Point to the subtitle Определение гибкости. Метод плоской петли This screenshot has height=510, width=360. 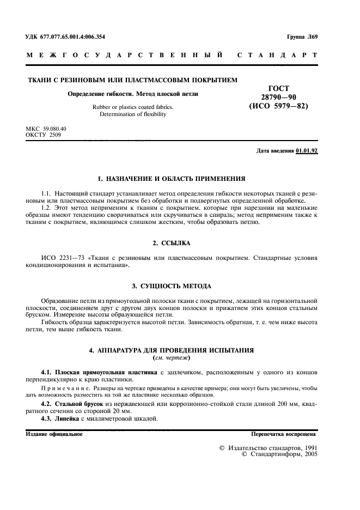pyautogui.click(x=132, y=94)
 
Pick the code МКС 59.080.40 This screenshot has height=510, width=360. pyautogui.click(x=46, y=129)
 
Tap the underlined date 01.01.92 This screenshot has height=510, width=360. pyautogui.click(x=307, y=150)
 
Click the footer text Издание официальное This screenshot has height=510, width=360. pyautogui.click(x=54, y=434)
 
